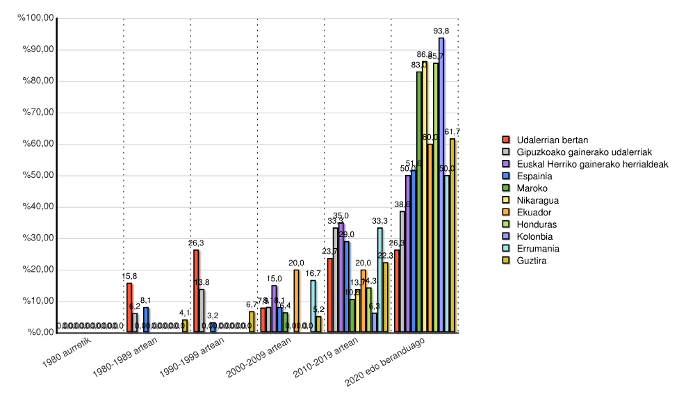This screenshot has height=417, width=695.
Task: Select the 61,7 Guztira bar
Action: click(452, 236)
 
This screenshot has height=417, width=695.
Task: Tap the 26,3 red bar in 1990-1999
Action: click(196, 291)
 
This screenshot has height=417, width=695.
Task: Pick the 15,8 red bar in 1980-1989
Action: click(129, 308)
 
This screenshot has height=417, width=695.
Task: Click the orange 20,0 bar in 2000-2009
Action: click(297, 301)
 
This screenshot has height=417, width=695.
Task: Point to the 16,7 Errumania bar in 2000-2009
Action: click(313, 306)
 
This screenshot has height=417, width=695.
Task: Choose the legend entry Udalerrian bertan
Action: click(549, 140)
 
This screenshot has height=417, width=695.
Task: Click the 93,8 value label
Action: click(441, 31)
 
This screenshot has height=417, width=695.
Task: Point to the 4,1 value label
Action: click(185, 313)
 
